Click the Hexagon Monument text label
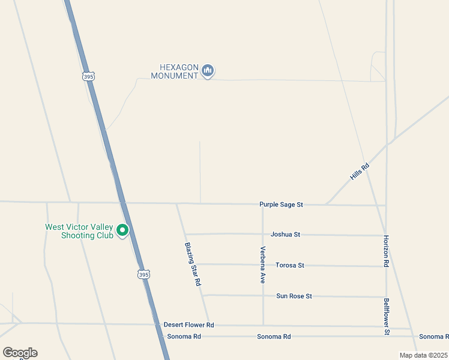[175, 71]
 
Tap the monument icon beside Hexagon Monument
[208, 71]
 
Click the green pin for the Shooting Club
[122, 230]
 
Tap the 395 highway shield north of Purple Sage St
[88, 76]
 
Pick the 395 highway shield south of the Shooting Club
[142, 274]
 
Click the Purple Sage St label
[281, 205]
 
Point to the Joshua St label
[285, 234]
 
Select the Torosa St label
[290, 265]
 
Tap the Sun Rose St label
[294, 296]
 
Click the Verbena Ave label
[262, 265]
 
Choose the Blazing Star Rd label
[193, 264]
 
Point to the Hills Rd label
[359, 172]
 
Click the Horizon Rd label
[386, 251]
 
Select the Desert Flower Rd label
[188, 325]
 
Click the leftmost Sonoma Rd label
[184, 337]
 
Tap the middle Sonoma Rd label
[274, 337]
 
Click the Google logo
[20, 353]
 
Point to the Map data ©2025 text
[423, 355]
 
